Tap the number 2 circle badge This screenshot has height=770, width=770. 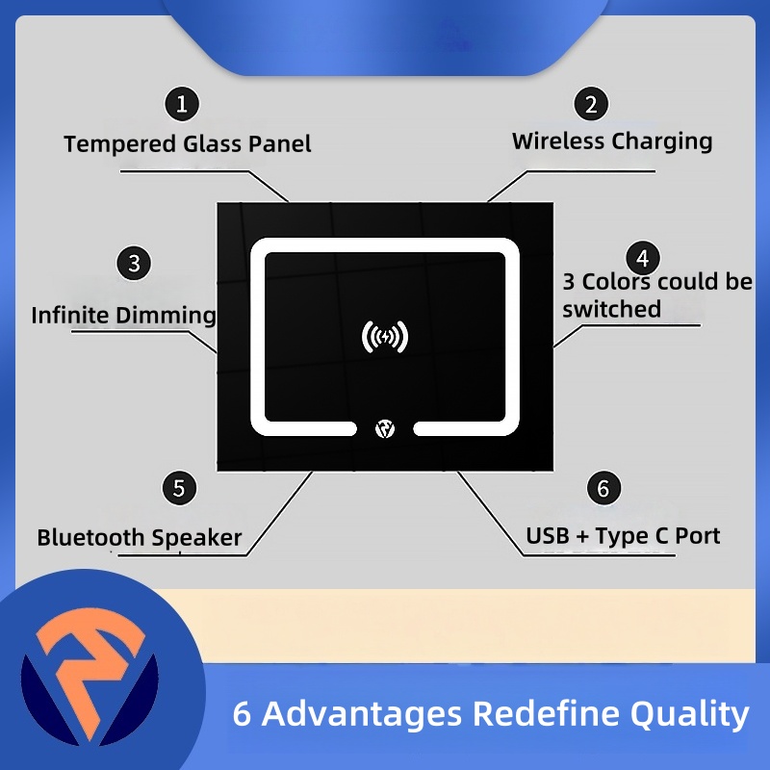pyautogui.click(x=591, y=103)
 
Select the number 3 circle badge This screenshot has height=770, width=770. pyautogui.click(x=134, y=262)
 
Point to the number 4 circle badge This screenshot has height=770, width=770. pyautogui.click(x=642, y=258)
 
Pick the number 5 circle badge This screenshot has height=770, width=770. pyautogui.click(x=179, y=487)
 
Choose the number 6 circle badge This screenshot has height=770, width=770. pyautogui.click(x=603, y=487)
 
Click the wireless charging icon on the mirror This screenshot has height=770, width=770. pyautogui.click(x=385, y=337)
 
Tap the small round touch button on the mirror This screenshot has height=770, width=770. pyautogui.click(x=385, y=427)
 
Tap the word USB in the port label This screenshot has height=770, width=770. pyautogui.click(x=548, y=535)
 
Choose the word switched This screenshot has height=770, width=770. pyautogui.click(x=612, y=309)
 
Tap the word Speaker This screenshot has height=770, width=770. pyautogui.click(x=196, y=537)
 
